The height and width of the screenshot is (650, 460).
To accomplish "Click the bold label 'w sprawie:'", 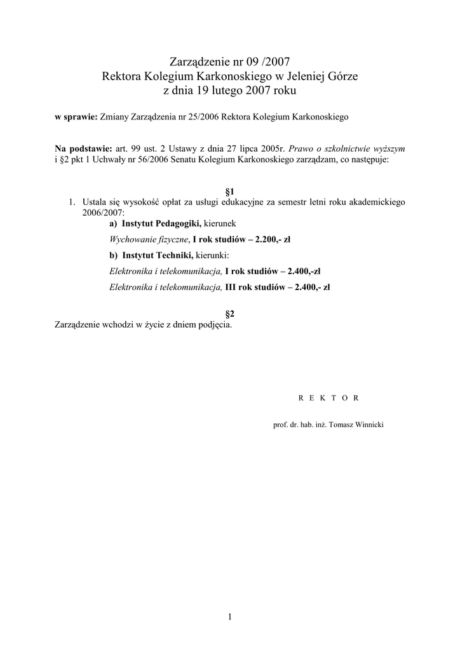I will pyautogui.click(x=76, y=117).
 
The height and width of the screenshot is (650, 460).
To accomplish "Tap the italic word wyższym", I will pyautogui.click(x=389, y=147).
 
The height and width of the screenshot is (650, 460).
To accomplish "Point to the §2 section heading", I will pyautogui.click(x=231, y=314).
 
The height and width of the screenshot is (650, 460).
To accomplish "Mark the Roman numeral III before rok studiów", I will pyautogui.click(x=231, y=287).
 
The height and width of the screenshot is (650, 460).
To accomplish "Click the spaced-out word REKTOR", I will pyautogui.click(x=329, y=398).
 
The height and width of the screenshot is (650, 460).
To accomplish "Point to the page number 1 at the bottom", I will pyautogui.click(x=230, y=616).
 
